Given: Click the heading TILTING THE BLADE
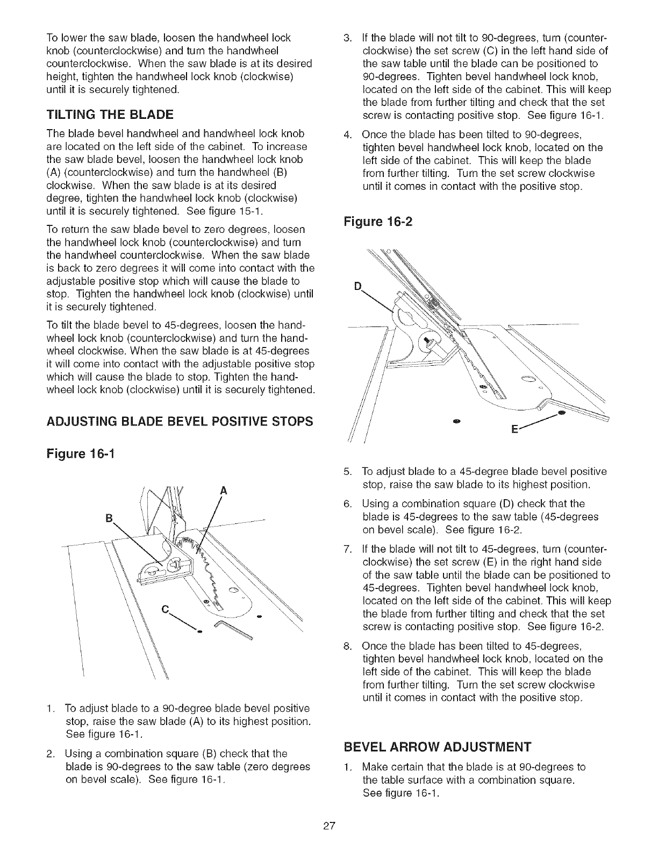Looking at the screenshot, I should [x=110, y=114].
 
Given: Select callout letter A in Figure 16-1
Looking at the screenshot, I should [x=223, y=491].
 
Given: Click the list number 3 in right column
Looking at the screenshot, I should [x=347, y=38].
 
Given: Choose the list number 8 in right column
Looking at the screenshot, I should [x=347, y=645].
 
